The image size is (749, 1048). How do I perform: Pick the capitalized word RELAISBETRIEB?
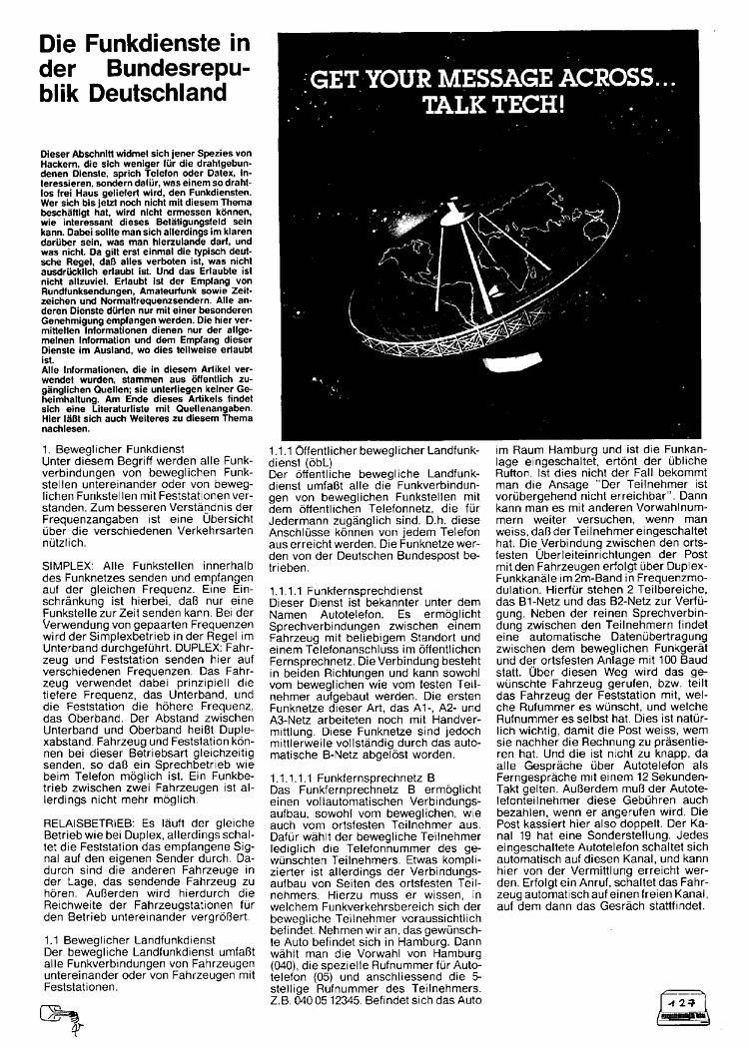coord(91,824)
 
